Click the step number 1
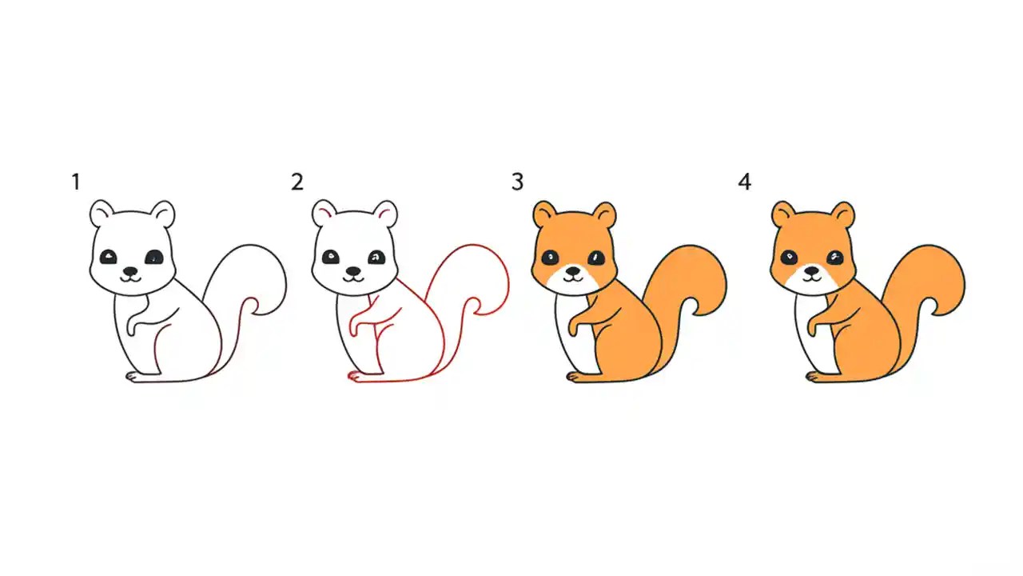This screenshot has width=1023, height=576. pyautogui.click(x=76, y=182)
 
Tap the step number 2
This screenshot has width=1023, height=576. pyautogui.click(x=297, y=182)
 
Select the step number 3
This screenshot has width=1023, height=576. pyautogui.click(x=517, y=182)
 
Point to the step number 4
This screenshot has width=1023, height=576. pyautogui.click(x=744, y=182)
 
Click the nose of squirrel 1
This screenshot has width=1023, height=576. pyautogui.click(x=130, y=271)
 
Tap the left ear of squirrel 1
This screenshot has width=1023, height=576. pyautogui.click(x=102, y=214)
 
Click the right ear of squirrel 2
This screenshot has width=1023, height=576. pyautogui.click(x=385, y=214)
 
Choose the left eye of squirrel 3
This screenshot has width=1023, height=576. pyautogui.click(x=551, y=258)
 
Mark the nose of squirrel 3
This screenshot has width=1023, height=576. pyautogui.click(x=572, y=272)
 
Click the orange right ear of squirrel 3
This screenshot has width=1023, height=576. pyautogui.click(x=605, y=215)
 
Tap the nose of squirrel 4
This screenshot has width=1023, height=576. pyautogui.click(x=812, y=271)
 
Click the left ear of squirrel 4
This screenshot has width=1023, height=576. pyautogui.click(x=783, y=214)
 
